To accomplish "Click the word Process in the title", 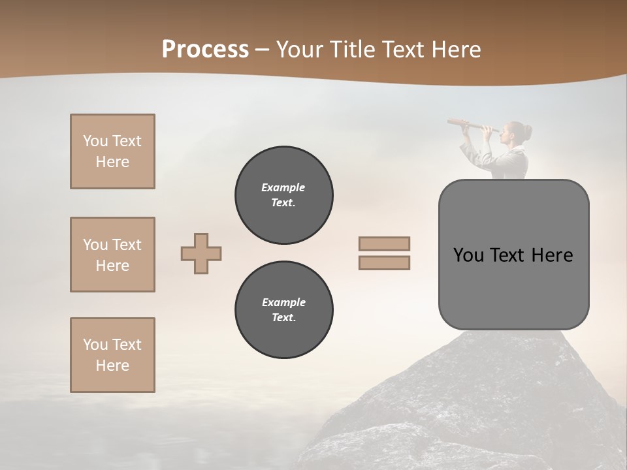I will [x=205, y=50].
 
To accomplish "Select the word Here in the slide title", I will [x=455, y=50].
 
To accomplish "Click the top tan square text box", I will [x=112, y=151].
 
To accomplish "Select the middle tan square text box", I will [x=112, y=255].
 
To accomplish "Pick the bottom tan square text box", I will [x=112, y=355].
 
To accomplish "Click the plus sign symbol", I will [x=201, y=253].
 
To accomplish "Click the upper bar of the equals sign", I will [x=384, y=243].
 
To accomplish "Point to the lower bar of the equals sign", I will [x=384, y=263].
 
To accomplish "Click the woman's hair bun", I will [x=527, y=133].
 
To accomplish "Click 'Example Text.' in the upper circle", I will [x=283, y=195].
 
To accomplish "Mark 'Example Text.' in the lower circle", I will [x=283, y=310].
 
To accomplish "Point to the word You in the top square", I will [x=94, y=141].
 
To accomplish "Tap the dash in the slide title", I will [x=263, y=50].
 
